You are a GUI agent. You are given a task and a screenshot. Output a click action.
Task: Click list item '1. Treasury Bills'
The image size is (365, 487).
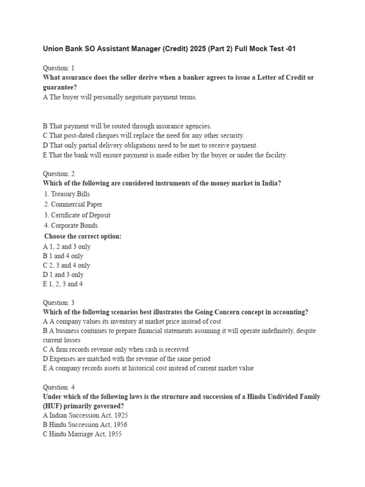tap(67, 194)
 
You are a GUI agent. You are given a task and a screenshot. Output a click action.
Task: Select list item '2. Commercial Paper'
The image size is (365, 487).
tap(73, 205)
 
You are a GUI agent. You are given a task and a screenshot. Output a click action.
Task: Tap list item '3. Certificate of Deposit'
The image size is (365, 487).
tap(77, 215)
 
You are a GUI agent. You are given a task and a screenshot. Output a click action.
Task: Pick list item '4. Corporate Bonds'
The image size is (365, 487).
tap(71, 225)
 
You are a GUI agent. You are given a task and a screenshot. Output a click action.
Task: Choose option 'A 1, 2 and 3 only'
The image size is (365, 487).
tap(67, 247)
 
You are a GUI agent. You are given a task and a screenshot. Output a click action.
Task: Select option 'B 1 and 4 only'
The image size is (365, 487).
tap(63, 256)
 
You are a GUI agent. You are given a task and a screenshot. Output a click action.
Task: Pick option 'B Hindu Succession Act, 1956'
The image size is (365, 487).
tap(85, 425)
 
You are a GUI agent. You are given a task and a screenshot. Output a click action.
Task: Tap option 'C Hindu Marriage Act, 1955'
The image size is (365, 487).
tap(82, 434)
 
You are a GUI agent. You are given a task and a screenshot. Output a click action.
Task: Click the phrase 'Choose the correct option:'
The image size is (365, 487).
tap(83, 236)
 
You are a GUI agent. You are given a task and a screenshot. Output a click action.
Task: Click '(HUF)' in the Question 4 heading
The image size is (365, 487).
tap(54, 406)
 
